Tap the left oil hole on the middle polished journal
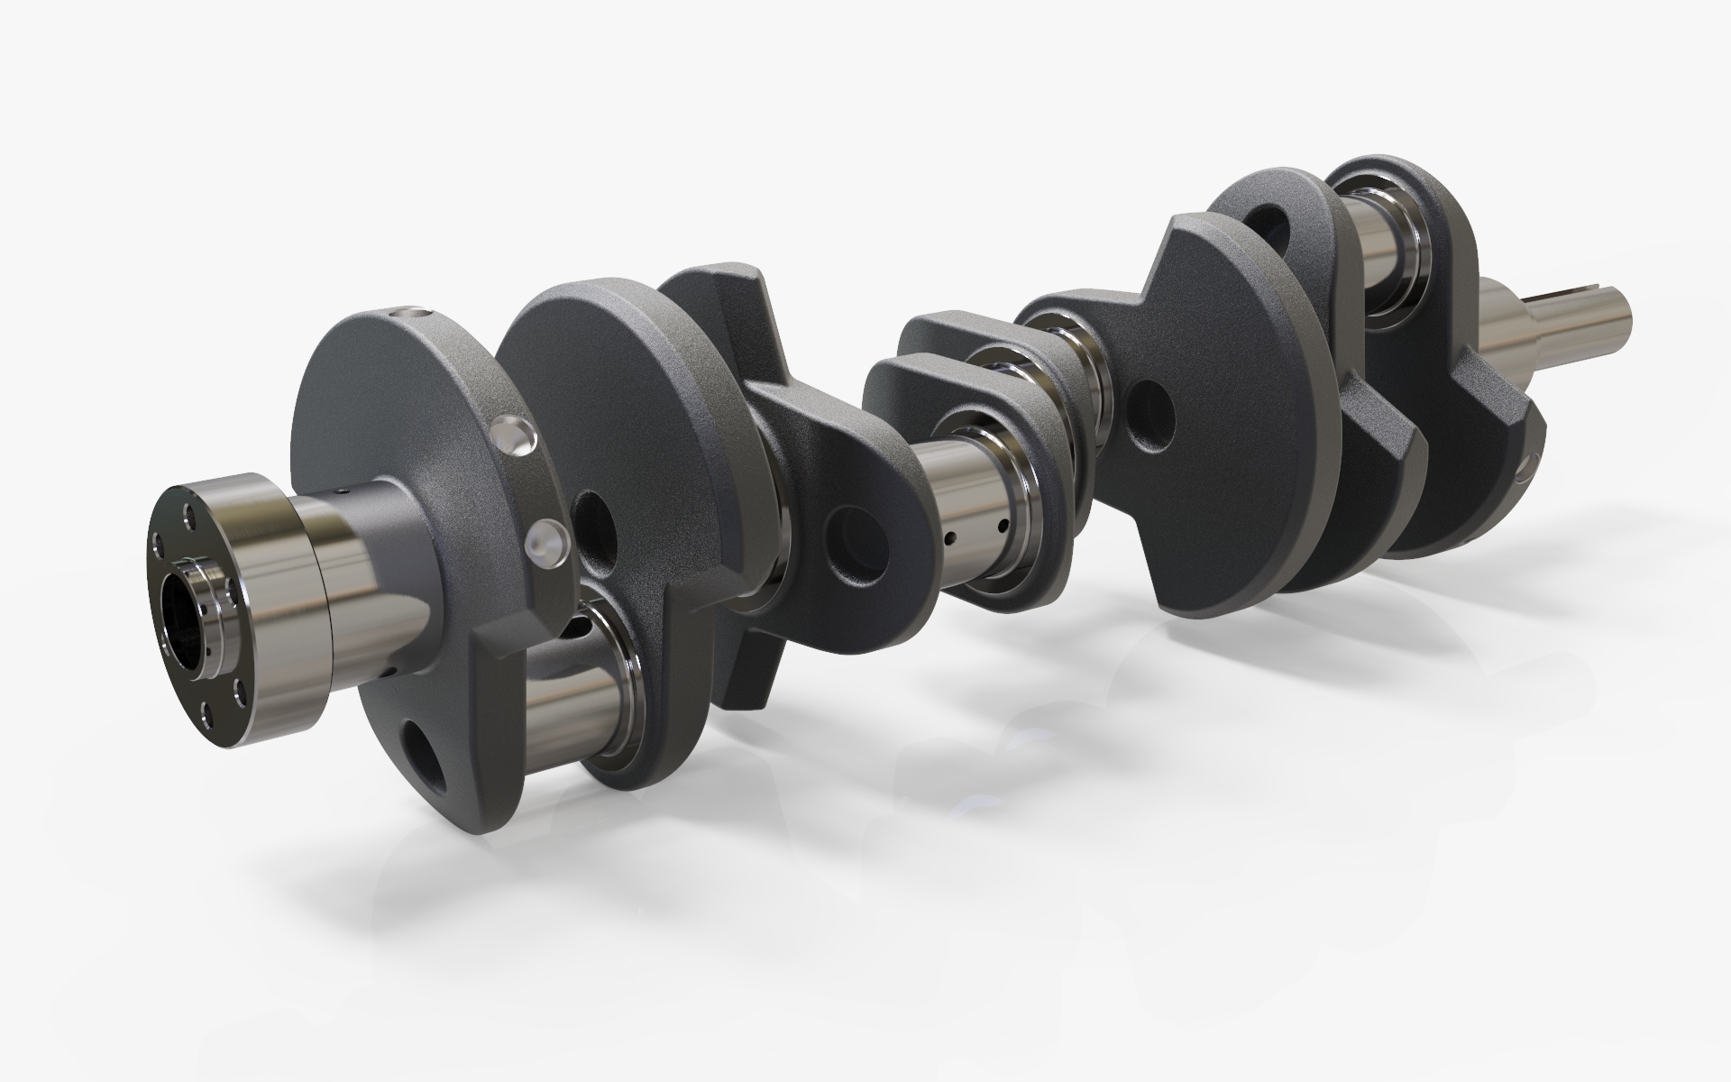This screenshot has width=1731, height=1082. tap(950, 538)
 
